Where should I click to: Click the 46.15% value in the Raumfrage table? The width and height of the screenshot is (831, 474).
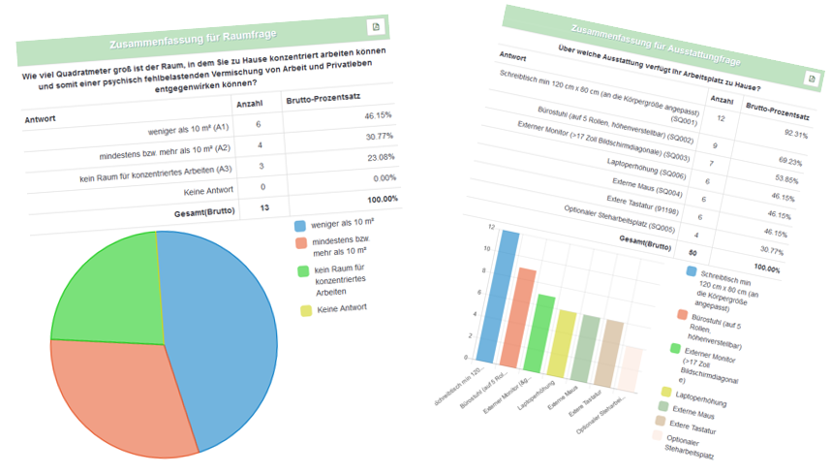(x=377, y=114)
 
